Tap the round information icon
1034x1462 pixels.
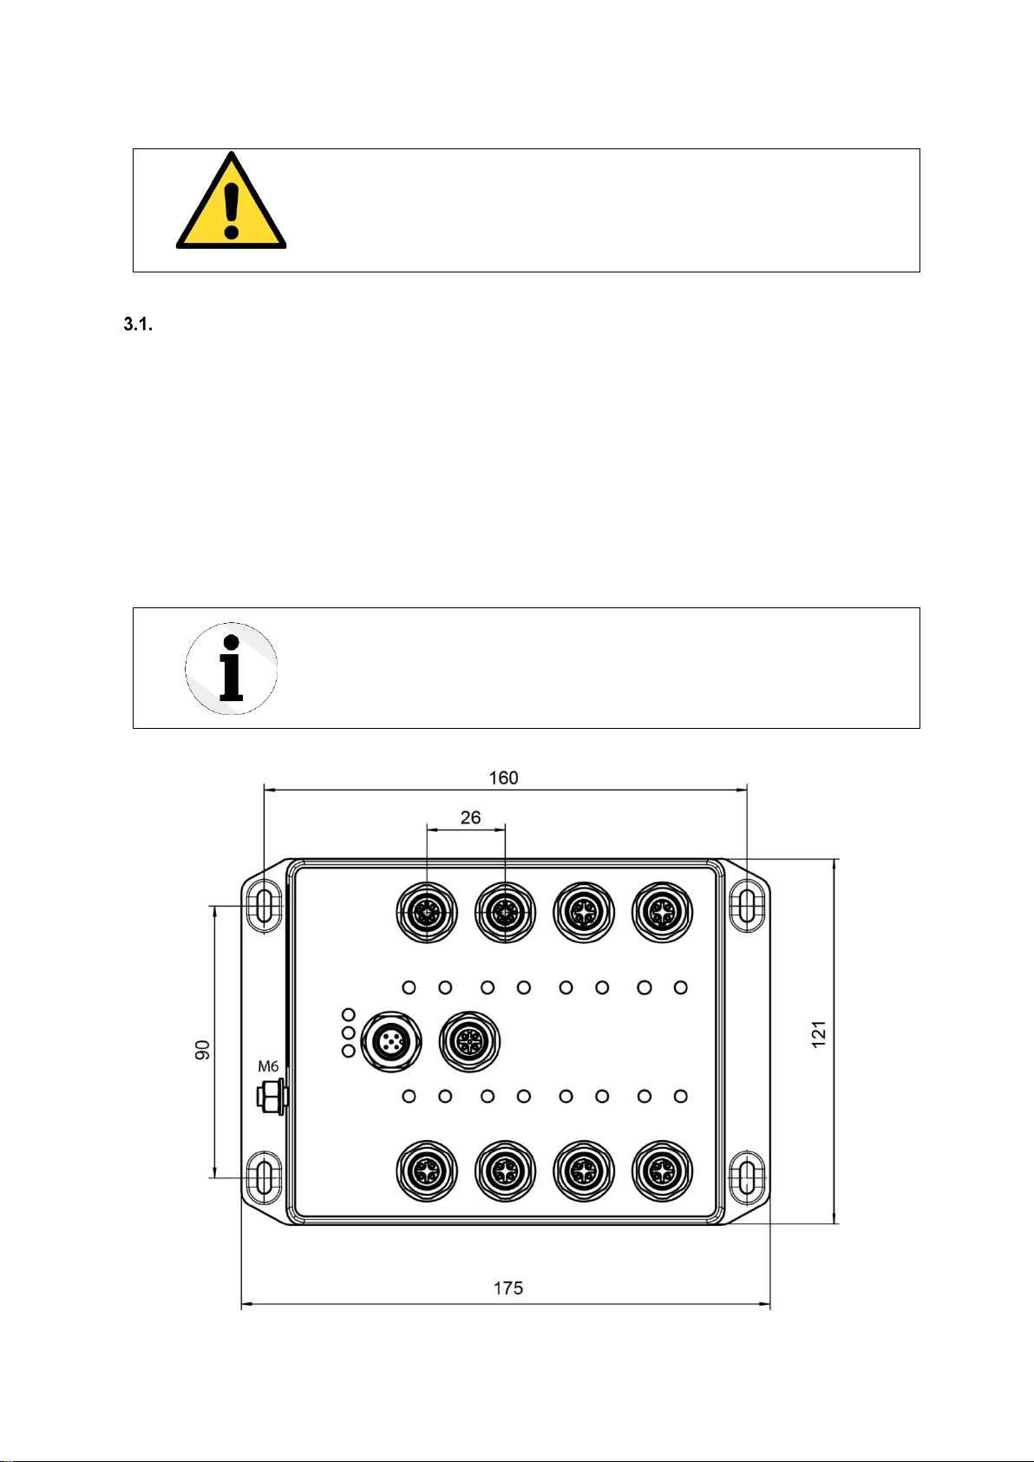click(x=231, y=668)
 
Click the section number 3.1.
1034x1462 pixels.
click(x=138, y=325)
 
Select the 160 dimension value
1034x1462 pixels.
click(x=503, y=777)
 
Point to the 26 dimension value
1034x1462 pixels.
click(x=470, y=817)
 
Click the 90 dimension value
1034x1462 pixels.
click(x=203, y=1049)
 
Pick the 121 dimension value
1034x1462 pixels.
click(x=819, y=1033)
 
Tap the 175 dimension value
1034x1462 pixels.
click(x=508, y=1288)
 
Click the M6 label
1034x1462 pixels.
click(x=268, y=1066)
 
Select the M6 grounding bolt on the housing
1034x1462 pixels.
click(x=272, y=1097)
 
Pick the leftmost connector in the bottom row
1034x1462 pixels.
click(x=427, y=1171)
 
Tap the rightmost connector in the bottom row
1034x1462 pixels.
click(x=663, y=1171)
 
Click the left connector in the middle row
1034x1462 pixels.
click(x=391, y=1041)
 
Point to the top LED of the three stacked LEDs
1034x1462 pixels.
click(x=349, y=1014)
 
